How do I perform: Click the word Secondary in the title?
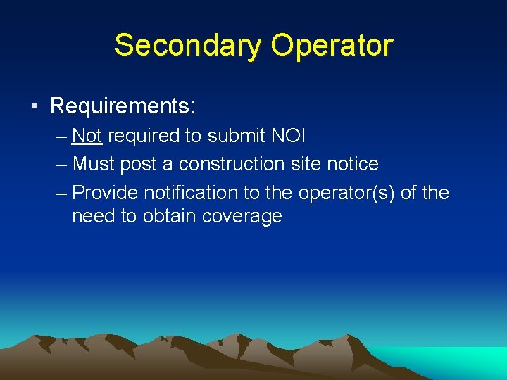pos(187,45)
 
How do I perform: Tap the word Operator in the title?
pos(332,45)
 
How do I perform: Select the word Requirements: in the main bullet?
pos(123,106)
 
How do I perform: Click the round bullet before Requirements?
pos(34,107)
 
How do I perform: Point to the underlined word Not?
pos(87,135)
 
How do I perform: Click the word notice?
pos(350,164)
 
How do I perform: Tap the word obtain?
pos(169,216)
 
